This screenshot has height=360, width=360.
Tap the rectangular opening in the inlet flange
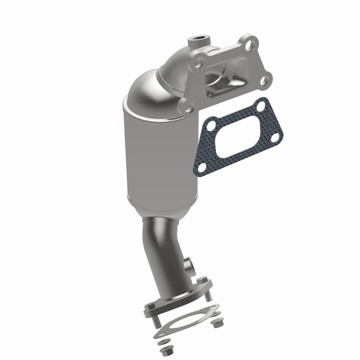(x=220, y=77)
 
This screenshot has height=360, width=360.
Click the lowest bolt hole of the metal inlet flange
(x=189, y=108)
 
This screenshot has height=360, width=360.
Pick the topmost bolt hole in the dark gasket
(x=261, y=105)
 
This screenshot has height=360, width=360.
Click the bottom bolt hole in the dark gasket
(x=202, y=166)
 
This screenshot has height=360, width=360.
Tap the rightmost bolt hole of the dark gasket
(x=276, y=137)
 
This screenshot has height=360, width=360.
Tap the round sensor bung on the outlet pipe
(x=190, y=267)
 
